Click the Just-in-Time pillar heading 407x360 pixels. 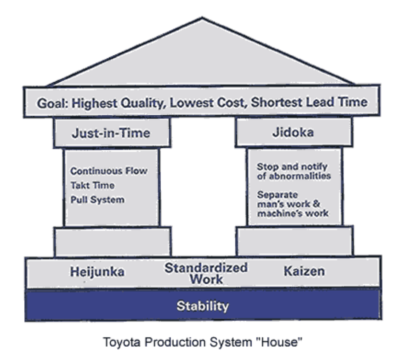click(x=111, y=133)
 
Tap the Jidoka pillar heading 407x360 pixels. click(x=293, y=132)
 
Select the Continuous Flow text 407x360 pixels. click(x=109, y=171)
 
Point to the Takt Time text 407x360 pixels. click(x=92, y=186)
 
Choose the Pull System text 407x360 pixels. click(x=97, y=200)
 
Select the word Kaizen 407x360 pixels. click(x=304, y=271)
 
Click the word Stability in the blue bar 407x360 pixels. click(x=203, y=306)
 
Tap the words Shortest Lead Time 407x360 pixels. click(x=308, y=102)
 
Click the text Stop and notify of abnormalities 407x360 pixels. click(x=294, y=171)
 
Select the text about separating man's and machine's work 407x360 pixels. click(x=293, y=204)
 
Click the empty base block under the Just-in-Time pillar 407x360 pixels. click(x=112, y=242)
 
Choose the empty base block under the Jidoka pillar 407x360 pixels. click(x=294, y=241)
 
